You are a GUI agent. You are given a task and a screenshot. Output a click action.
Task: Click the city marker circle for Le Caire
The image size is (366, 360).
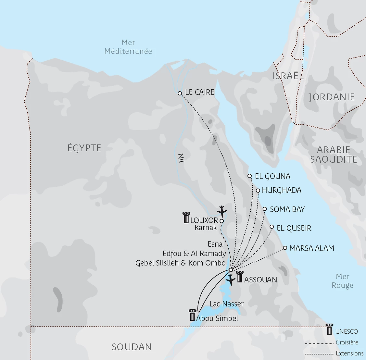[180, 93]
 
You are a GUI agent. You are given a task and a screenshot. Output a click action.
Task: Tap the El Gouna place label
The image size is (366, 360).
[272, 176]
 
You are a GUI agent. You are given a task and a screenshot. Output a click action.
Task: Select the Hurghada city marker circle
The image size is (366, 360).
[258, 191]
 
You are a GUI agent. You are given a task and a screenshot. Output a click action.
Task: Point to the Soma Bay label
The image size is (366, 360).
[287, 209]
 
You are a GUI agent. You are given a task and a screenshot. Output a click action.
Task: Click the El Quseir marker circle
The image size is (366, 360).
[272, 227]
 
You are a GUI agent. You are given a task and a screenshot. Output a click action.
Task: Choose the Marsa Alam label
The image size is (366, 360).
[311, 248]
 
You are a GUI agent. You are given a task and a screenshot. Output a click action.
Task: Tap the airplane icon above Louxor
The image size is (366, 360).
[222, 211]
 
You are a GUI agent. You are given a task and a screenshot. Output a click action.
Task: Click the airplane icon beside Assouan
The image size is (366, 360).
[231, 279]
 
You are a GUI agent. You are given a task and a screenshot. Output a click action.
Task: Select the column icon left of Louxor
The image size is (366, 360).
[186, 218]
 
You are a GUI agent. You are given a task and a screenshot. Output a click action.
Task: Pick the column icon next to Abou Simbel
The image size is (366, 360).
[192, 315]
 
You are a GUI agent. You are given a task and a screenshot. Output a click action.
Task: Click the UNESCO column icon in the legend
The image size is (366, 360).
[329, 329]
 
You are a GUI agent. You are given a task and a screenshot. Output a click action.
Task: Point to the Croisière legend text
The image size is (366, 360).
[347, 342]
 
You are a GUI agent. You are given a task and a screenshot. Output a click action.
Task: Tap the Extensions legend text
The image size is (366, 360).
[349, 354]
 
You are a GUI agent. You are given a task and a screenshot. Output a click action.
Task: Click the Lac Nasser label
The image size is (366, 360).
[226, 304]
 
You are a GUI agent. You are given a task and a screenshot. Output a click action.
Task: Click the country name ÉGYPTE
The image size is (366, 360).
[84, 148]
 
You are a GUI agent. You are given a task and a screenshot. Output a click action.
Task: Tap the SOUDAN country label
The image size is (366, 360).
[132, 347]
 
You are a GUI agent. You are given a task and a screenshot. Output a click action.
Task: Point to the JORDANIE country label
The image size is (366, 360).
[331, 97]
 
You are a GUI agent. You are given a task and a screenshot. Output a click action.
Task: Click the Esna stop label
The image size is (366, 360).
[215, 244]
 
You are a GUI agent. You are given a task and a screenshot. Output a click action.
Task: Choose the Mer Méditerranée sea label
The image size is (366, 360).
[128, 47]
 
